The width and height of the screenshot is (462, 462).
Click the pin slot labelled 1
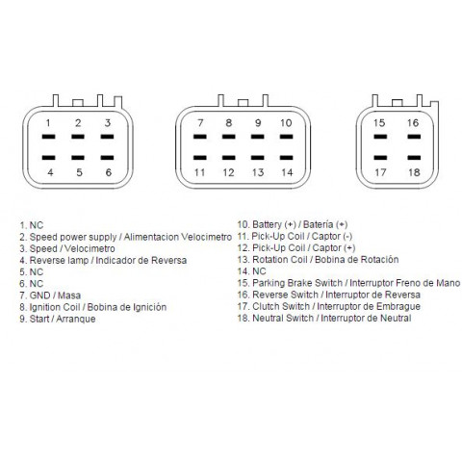(x=48, y=137)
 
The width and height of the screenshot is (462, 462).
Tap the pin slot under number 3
(x=107, y=137)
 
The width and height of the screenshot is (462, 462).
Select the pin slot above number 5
(x=78, y=158)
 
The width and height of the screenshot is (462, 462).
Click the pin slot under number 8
(x=229, y=137)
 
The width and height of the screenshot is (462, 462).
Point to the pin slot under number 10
(x=286, y=137)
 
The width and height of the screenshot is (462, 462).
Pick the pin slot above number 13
(x=258, y=158)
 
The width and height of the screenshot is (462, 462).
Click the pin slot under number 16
(x=414, y=137)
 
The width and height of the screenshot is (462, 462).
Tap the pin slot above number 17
(x=380, y=158)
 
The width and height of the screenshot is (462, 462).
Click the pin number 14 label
(x=287, y=172)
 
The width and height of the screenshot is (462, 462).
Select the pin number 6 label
(x=109, y=172)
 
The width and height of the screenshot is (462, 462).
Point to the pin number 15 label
(x=379, y=123)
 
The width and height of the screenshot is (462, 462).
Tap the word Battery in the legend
(x=267, y=224)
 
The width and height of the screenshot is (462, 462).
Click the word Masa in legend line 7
(x=69, y=295)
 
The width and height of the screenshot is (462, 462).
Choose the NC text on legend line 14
(x=259, y=271)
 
